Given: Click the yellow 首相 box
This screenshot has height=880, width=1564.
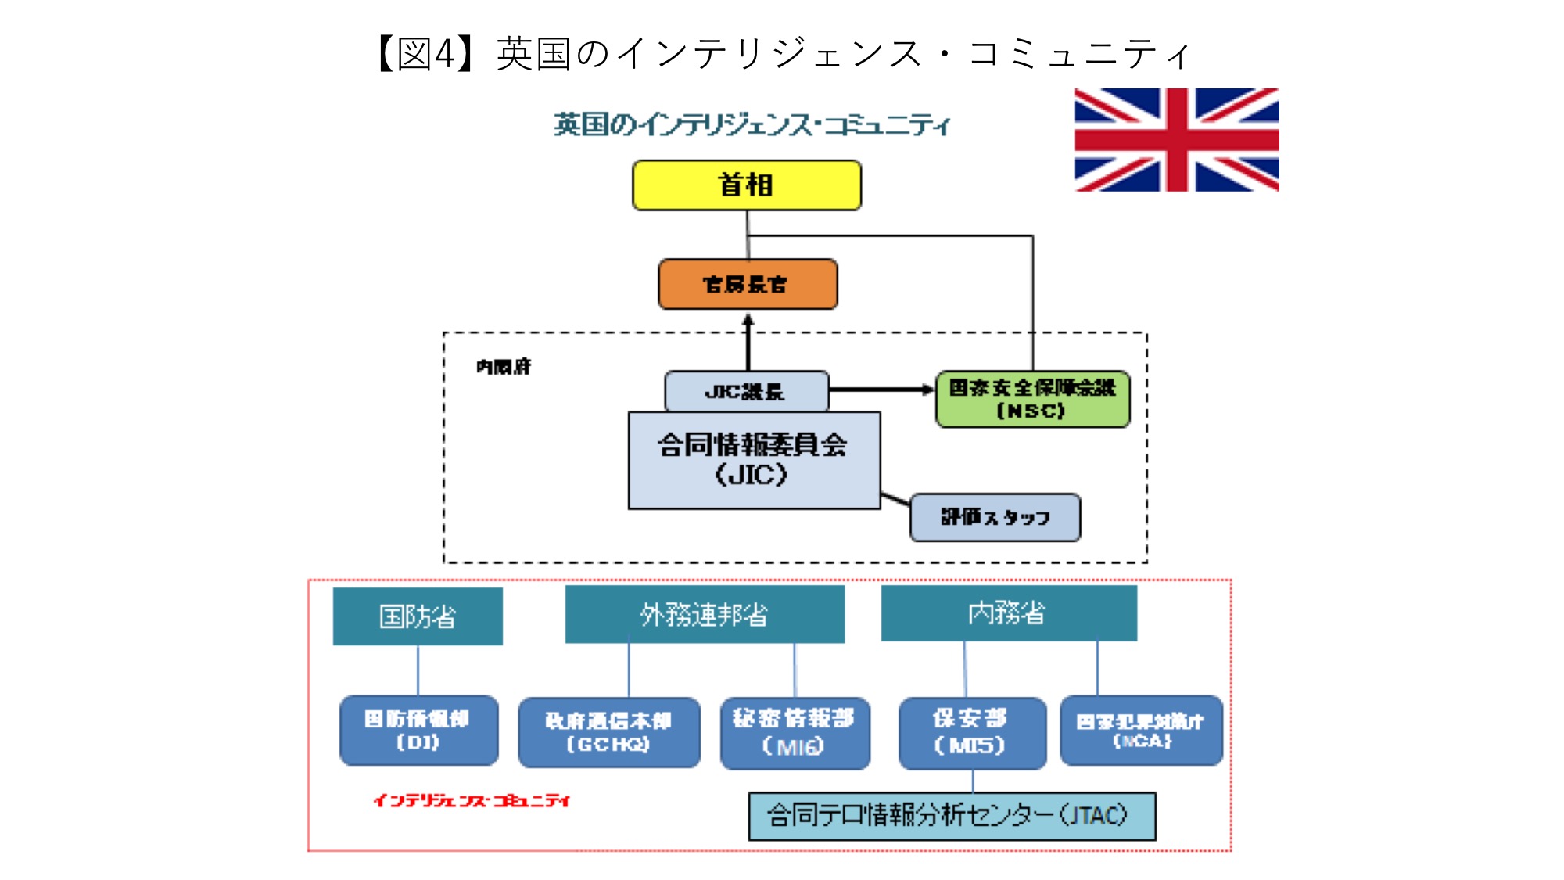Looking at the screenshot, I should point(746,185).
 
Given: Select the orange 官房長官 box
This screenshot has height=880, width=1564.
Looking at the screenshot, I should point(747,284).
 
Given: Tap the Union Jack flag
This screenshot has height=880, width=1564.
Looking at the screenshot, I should point(1176,140).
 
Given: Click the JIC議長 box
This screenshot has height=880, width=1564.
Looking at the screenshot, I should point(746,391).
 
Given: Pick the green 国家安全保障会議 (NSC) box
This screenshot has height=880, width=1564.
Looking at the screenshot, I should point(1032,399).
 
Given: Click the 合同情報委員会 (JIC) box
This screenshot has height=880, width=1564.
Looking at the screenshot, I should point(754,461).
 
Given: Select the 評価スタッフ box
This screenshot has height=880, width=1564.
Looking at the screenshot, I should point(995,517).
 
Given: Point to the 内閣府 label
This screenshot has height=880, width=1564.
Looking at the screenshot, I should point(504,366).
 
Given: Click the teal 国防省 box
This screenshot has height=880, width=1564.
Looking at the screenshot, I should point(418,616).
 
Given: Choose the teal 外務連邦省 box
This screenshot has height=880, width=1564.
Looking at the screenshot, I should point(704,615).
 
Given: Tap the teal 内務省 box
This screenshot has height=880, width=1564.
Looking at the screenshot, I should point(1008,613).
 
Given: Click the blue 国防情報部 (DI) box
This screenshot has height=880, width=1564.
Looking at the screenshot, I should point(418,730).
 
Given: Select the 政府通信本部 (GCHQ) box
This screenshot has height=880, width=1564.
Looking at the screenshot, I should point(608,732).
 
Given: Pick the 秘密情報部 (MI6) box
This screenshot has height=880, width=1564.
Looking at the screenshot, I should point(795,733).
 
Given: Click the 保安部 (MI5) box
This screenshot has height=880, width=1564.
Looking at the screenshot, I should point(971,733).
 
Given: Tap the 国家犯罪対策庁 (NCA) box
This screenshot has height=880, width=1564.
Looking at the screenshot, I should point(1141,730).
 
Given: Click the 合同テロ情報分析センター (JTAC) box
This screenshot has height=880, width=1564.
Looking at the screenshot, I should point(951,816).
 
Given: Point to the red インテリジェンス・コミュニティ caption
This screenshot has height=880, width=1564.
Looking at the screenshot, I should point(472,800).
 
